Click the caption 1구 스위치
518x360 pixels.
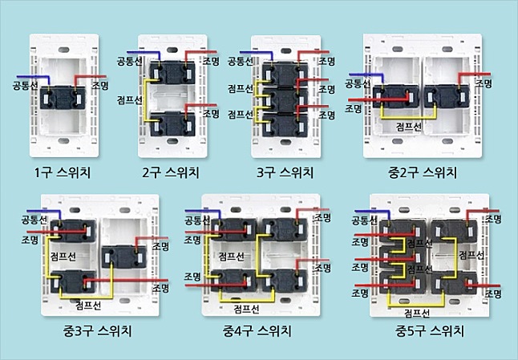tap(63, 172)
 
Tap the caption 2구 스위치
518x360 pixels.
tap(171, 172)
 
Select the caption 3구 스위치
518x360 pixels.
tap(285, 172)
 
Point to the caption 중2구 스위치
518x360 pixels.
tap(423, 172)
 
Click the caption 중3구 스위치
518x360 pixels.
tap(98, 331)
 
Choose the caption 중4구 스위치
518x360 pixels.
tap(257, 331)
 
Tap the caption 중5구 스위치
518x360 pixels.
tap(430, 331)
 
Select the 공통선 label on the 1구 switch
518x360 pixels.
tap(25, 86)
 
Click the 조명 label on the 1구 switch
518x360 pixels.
tap(100, 86)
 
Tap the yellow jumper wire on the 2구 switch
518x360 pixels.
tap(146, 99)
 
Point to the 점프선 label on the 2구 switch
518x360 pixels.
tap(130, 100)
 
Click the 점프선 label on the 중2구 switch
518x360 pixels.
tap(409, 127)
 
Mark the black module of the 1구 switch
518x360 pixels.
tap(63, 98)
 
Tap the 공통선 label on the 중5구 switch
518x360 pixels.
tap(364, 220)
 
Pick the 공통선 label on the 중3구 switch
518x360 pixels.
tap(34, 220)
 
